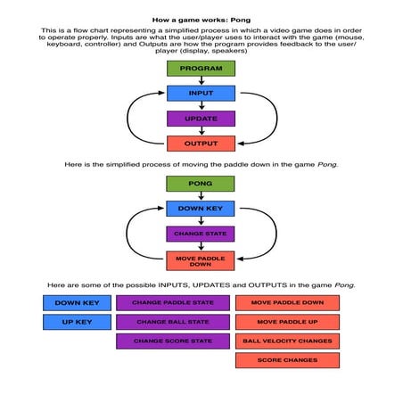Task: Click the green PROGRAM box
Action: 201,69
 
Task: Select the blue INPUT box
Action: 201,94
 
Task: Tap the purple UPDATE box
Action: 201,119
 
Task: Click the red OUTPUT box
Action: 201,144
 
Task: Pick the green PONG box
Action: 201,184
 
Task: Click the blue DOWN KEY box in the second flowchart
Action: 201,209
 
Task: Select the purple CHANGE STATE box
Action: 201,234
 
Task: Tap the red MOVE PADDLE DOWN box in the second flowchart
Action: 201,261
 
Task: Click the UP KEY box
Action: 77,322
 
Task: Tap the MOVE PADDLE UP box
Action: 287,322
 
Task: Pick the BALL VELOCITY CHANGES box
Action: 287,341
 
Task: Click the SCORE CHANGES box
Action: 287,360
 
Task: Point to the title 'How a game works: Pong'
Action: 201,18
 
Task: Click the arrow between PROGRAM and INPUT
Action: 201,81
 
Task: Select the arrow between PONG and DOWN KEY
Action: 201,196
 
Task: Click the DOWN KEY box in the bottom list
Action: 77,303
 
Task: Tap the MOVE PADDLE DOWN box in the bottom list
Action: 287,303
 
